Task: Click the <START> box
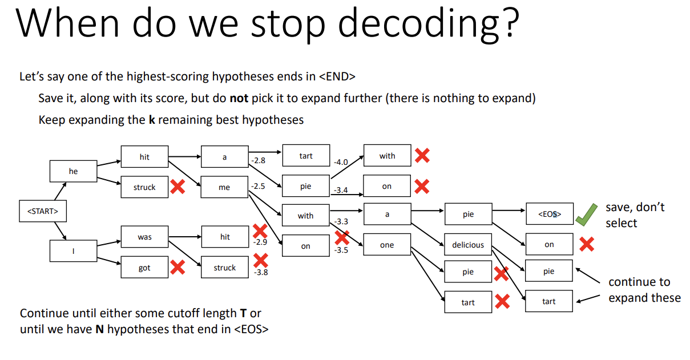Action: point(42,212)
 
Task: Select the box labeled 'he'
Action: point(73,171)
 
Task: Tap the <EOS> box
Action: point(549,214)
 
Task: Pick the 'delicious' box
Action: point(468,245)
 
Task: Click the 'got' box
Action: point(144,268)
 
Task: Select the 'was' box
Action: point(144,237)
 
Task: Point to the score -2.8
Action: point(258,161)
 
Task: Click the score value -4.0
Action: point(341,161)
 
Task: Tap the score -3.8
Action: point(260,272)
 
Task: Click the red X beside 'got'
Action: point(177,267)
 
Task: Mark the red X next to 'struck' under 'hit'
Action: point(177,187)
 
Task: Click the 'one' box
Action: point(387,245)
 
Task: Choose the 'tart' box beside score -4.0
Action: point(306,156)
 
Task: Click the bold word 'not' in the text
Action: point(239,98)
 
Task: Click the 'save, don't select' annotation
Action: point(635,215)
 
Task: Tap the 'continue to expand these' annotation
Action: point(644,290)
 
